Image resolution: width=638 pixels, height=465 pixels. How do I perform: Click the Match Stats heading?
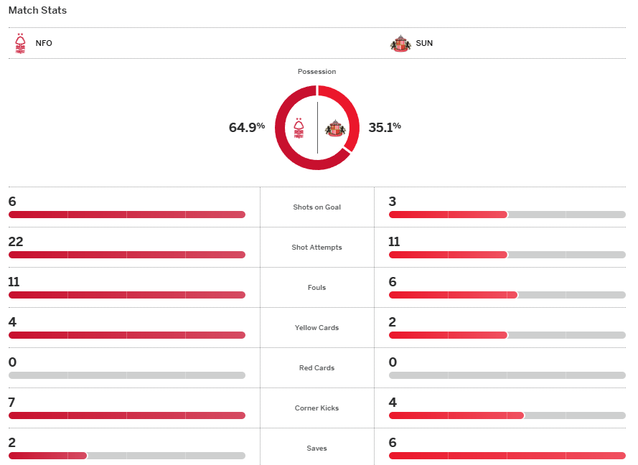click(x=37, y=11)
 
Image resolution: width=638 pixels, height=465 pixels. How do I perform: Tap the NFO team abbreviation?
click(x=44, y=43)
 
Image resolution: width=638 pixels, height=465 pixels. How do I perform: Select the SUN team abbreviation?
click(x=424, y=43)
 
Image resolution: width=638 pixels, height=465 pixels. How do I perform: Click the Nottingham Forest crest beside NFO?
click(x=20, y=43)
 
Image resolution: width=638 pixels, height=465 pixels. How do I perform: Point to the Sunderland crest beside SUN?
click(x=400, y=43)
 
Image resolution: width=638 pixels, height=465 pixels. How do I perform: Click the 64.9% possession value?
click(x=246, y=128)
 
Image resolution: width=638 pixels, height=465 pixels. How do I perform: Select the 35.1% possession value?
click(x=385, y=128)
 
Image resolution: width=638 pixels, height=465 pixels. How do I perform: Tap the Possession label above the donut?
click(x=316, y=72)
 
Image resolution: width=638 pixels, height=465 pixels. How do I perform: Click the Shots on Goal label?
click(x=316, y=207)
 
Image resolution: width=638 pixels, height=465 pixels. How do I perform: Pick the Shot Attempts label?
click(x=316, y=248)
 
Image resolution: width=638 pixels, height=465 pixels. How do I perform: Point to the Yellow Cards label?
click(x=316, y=328)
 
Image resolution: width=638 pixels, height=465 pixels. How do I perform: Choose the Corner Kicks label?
click(x=316, y=408)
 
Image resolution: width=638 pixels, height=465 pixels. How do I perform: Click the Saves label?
click(x=316, y=448)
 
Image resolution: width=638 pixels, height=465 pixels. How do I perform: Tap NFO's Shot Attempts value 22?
click(x=16, y=242)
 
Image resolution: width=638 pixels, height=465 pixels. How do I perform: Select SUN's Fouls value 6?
click(x=393, y=282)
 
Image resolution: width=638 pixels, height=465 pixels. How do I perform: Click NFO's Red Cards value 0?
click(x=12, y=362)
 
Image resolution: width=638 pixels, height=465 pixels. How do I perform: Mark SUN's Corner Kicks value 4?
click(x=393, y=403)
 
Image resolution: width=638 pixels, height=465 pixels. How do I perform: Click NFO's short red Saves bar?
click(x=47, y=456)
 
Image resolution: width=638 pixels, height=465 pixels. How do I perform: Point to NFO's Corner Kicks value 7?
click(x=12, y=403)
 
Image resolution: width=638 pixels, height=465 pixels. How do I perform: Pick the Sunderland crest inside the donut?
click(x=334, y=128)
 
